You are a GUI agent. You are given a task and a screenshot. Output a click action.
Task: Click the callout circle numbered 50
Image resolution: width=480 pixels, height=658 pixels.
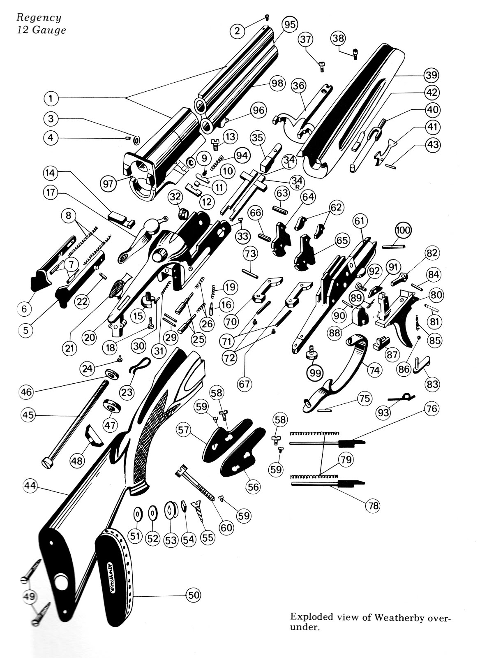point(193,595)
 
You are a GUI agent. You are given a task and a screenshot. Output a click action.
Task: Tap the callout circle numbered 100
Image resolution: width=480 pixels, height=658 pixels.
point(403,230)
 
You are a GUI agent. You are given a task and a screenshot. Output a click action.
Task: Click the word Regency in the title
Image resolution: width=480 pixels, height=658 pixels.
point(39,18)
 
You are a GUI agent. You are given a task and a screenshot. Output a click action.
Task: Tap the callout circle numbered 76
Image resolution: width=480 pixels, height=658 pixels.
point(432,409)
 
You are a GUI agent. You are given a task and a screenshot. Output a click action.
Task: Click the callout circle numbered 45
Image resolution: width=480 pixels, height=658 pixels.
point(28,415)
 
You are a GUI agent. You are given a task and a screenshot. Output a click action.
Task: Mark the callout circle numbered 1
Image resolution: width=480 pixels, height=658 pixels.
point(51,99)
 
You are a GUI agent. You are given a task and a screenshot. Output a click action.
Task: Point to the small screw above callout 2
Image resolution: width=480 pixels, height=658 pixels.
point(266,17)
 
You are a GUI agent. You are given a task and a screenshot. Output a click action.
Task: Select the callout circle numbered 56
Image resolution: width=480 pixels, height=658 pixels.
point(253,487)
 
